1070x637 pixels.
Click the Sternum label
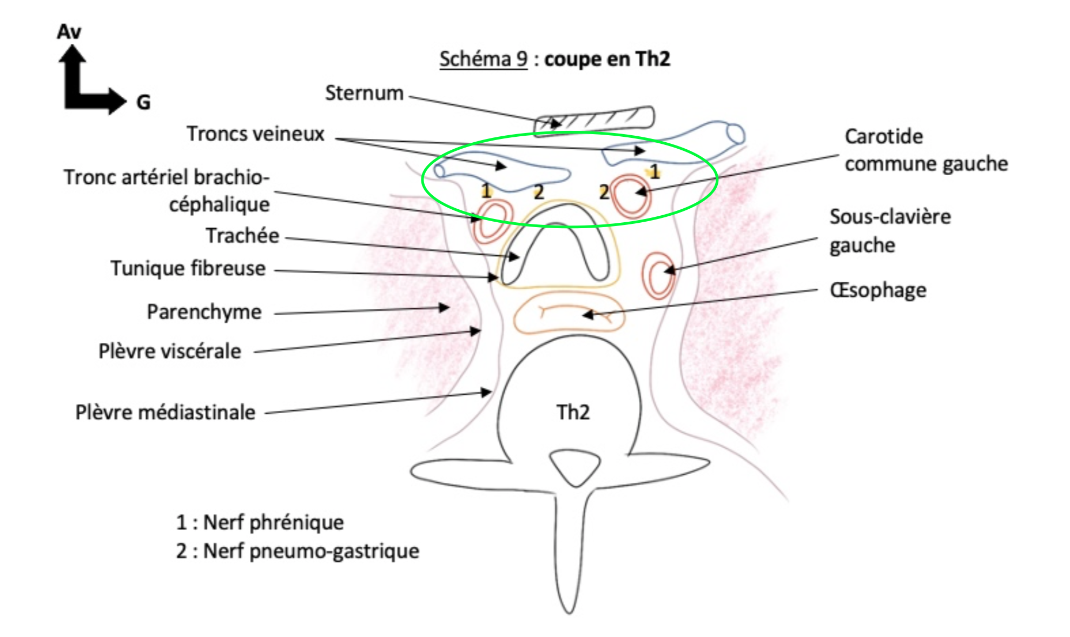click(x=364, y=93)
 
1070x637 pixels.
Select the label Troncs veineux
click(x=255, y=134)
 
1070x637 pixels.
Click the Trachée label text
click(x=242, y=236)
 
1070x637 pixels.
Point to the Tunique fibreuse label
click(x=188, y=268)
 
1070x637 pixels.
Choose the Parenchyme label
click(x=204, y=312)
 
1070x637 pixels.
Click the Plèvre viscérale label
click(x=169, y=351)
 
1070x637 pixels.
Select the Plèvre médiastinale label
click(x=165, y=413)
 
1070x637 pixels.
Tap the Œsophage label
click(x=878, y=290)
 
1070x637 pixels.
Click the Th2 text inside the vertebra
click(x=573, y=413)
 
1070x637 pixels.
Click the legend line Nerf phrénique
click(x=260, y=522)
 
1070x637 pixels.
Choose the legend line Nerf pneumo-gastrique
click(x=298, y=551)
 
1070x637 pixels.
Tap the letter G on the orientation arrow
click(x=143, y=102)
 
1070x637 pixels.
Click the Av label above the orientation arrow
click(x=69, y=32)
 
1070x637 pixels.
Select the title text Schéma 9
click(x=483, y=59)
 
